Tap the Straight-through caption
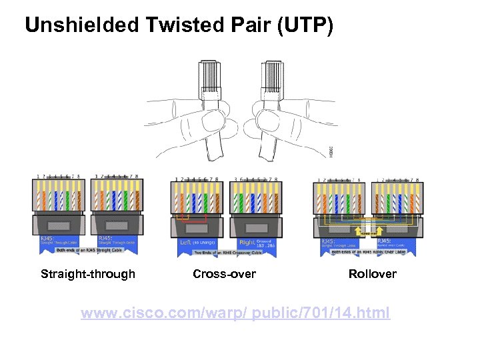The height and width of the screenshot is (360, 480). [88, 274]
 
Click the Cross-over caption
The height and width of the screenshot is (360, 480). [224, 274]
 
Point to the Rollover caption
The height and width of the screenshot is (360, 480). [372, 274]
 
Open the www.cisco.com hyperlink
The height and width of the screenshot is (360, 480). [235, 313]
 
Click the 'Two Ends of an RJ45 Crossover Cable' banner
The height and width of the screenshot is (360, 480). [223, 254]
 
